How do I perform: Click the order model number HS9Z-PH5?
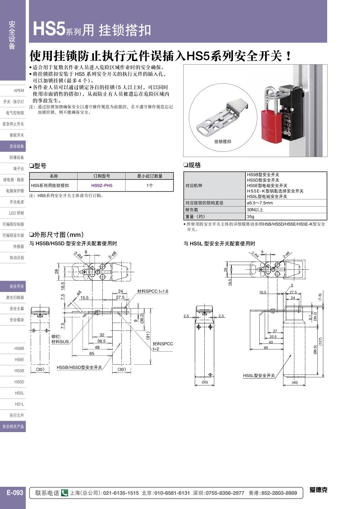click(x=102, y=186)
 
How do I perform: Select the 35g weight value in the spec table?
click(x=251, y=217)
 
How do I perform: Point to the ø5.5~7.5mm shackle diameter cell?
click(x=260, y=203)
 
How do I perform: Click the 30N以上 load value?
click(x=255, y=210)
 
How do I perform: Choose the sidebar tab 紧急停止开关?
click(x=13, y=124)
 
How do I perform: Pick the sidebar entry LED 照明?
click(x=16, y=213)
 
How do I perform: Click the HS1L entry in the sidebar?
click(x=19, y=404)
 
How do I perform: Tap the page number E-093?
click(x=15, y=493)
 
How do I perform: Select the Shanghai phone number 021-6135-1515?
click(x=121, y=493)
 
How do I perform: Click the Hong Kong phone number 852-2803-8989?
click(x=278, y=493)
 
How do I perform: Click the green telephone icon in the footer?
click(x=64, y=493)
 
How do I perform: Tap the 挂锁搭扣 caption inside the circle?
click(x=223, y=142)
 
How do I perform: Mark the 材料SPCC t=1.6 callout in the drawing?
click(x=152, y=292)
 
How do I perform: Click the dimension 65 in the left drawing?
click(x=92, y=354)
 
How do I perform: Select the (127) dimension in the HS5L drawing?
click(x=320, y=341)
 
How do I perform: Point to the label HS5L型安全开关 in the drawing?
click(x=259, y=376)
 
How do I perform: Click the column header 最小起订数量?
click(x=150, y=176)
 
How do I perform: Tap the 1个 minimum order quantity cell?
click(x=150, y=186)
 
